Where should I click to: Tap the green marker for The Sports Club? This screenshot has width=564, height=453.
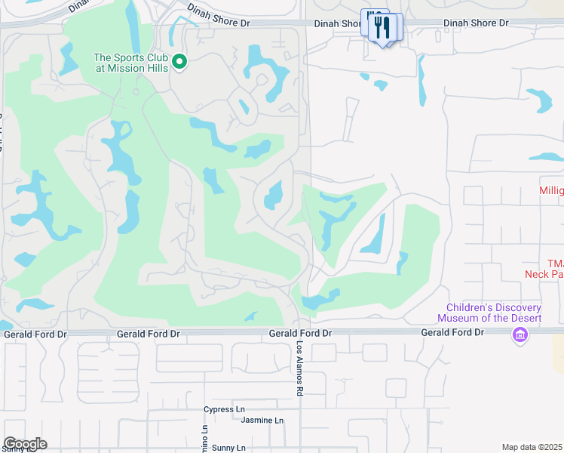(x=179, y=62)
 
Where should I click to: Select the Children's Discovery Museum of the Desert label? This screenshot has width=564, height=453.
(x=494, y=313)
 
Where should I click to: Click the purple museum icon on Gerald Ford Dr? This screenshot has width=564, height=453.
(x=519, y=334)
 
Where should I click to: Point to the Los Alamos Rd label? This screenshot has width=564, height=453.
(x=299, y=368)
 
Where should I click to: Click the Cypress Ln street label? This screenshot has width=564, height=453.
(x=225, y=410)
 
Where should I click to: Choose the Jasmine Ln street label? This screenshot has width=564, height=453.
(x=262, y=421)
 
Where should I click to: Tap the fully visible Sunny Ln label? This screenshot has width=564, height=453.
(x=228, y=448)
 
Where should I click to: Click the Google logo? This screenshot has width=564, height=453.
(x=25, y=444)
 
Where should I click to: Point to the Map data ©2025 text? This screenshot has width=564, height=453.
(x=532, y=447)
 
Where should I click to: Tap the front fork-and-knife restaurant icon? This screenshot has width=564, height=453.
(x=385, y=29)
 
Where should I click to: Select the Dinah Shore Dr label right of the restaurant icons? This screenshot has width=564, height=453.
(x=476, y=23)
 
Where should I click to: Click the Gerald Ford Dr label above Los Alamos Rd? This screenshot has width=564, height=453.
(x=301, y=333)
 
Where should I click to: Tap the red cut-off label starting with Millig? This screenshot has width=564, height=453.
(x=551, y=191)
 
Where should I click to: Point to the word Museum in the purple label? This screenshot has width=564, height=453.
(x=465, y=318)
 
